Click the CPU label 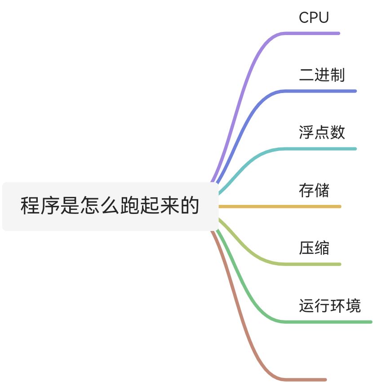pos(314,18)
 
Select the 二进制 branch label pos(322,75)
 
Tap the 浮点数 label pos(322,133)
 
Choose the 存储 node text pos(314,190)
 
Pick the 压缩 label pos(314,248)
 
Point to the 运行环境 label pos(330,306)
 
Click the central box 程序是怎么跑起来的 pos(110,206)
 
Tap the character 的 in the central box pos(190,206)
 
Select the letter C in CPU pos(304,18)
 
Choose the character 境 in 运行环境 pos(353,306)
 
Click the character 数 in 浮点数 pos(337,133)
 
